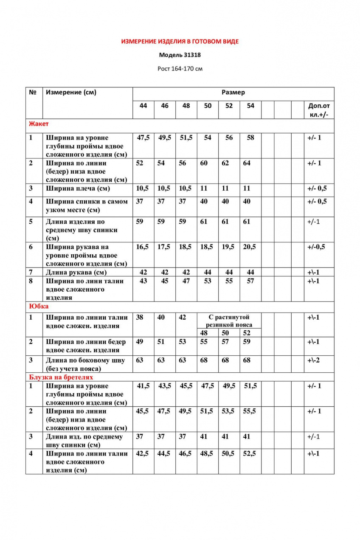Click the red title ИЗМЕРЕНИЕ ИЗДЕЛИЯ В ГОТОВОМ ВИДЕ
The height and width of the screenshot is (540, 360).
coord(180,42)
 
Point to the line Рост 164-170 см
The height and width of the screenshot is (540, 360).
coord(180,68)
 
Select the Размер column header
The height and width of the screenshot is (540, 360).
coord(233,93)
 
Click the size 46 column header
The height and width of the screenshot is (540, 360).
coord(165,106)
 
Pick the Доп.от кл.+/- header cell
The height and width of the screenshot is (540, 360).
coord(318,110)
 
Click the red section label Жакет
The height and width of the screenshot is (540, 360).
coord(39,124)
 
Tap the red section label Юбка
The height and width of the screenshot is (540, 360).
coord(39,306)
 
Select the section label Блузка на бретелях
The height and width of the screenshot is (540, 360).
coord(61,377)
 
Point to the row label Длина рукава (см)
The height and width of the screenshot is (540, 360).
coord(76,273)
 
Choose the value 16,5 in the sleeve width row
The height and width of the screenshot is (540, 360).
coord(143,247)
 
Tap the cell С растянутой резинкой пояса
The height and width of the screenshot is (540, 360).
coord(229,321)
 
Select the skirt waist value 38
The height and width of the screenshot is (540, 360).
coord(140,318)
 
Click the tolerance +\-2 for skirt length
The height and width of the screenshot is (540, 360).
coord(314,360)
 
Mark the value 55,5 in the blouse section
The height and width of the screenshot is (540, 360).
coord(250,411)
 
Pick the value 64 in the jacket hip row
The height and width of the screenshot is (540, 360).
coord(247,163)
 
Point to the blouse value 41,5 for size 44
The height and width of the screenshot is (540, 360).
coord(143,386)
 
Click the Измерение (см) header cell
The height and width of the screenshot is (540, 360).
coord(71,93)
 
